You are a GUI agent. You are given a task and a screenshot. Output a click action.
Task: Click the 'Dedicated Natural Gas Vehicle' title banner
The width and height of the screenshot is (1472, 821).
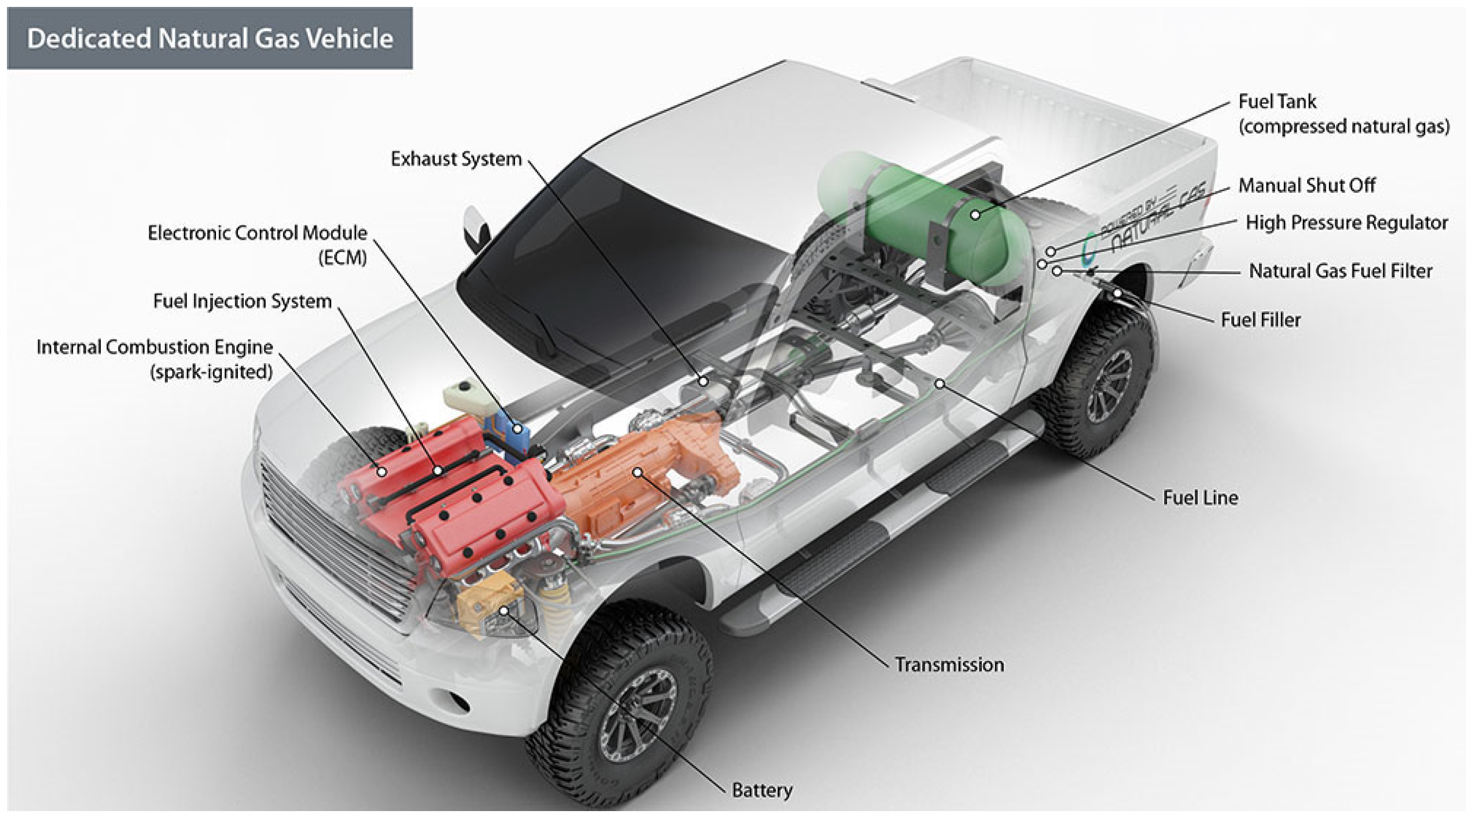(210, 38)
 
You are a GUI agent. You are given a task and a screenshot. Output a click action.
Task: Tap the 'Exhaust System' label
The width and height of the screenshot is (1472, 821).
(456, 159)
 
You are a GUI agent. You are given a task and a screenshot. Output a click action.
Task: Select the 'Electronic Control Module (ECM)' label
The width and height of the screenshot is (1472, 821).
(257, 244)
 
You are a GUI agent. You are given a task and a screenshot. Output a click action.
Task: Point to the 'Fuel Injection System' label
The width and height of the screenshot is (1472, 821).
(242, 301)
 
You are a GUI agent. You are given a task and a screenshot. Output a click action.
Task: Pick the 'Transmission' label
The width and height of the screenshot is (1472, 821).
(949, 665)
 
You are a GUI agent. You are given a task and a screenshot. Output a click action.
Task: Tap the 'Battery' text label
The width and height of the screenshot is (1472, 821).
(762, 790)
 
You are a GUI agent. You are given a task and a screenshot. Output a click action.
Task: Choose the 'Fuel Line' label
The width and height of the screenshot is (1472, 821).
(1200, 498)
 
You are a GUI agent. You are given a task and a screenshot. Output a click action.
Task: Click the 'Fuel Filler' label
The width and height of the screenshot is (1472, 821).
(1260, 320)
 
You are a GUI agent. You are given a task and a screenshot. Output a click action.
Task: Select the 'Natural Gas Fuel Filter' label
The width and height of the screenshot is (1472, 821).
(1340, 271)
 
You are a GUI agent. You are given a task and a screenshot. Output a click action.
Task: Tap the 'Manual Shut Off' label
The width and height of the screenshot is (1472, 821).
(1306, 185)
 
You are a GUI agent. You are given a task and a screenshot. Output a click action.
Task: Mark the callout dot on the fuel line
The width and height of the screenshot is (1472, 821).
(939, 383)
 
